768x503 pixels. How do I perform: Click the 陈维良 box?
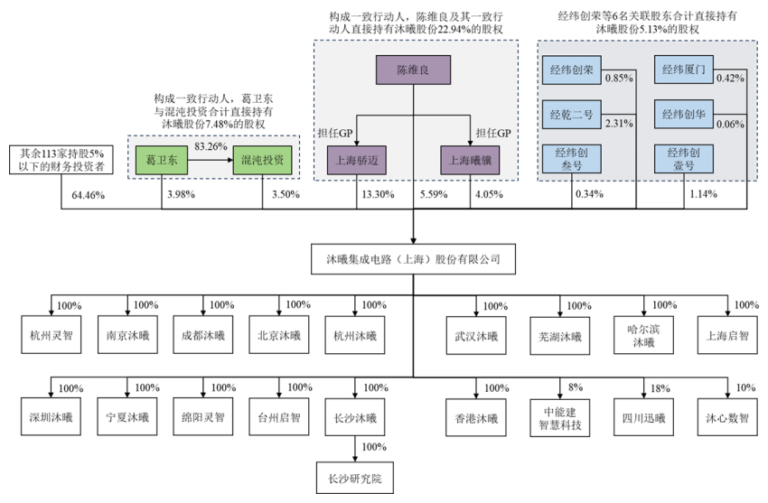414,70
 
